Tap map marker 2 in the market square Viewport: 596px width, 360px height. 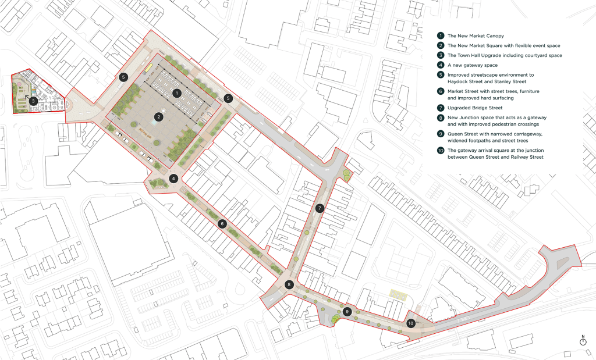pyautogui.click(x=157, y=117)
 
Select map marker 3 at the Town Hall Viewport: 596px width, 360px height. pyautogui.click(x=34, y=101)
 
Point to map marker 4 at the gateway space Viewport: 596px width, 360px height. pyautogui.click(x=173, y=179)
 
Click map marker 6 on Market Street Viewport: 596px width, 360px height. pyautogui.click(x=222, y=223)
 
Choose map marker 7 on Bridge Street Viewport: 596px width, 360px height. pyautogui.click(x=319, y=208)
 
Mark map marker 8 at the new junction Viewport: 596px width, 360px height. pyautogui.click(x=289, y=284)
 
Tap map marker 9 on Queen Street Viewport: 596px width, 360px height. pyautogui.click(x=347, y=311)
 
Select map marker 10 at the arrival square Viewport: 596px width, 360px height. pyautogui.click(x=411, y=323)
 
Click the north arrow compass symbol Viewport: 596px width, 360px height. pyautogui.click(x=583, y=342)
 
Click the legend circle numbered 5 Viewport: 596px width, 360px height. pyautogui.click(x=441, y=75)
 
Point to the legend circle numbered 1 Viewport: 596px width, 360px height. pyautogui.click(x=441, y=35)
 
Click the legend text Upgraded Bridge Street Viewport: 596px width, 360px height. pyautogui.click(x=474, y=108)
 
